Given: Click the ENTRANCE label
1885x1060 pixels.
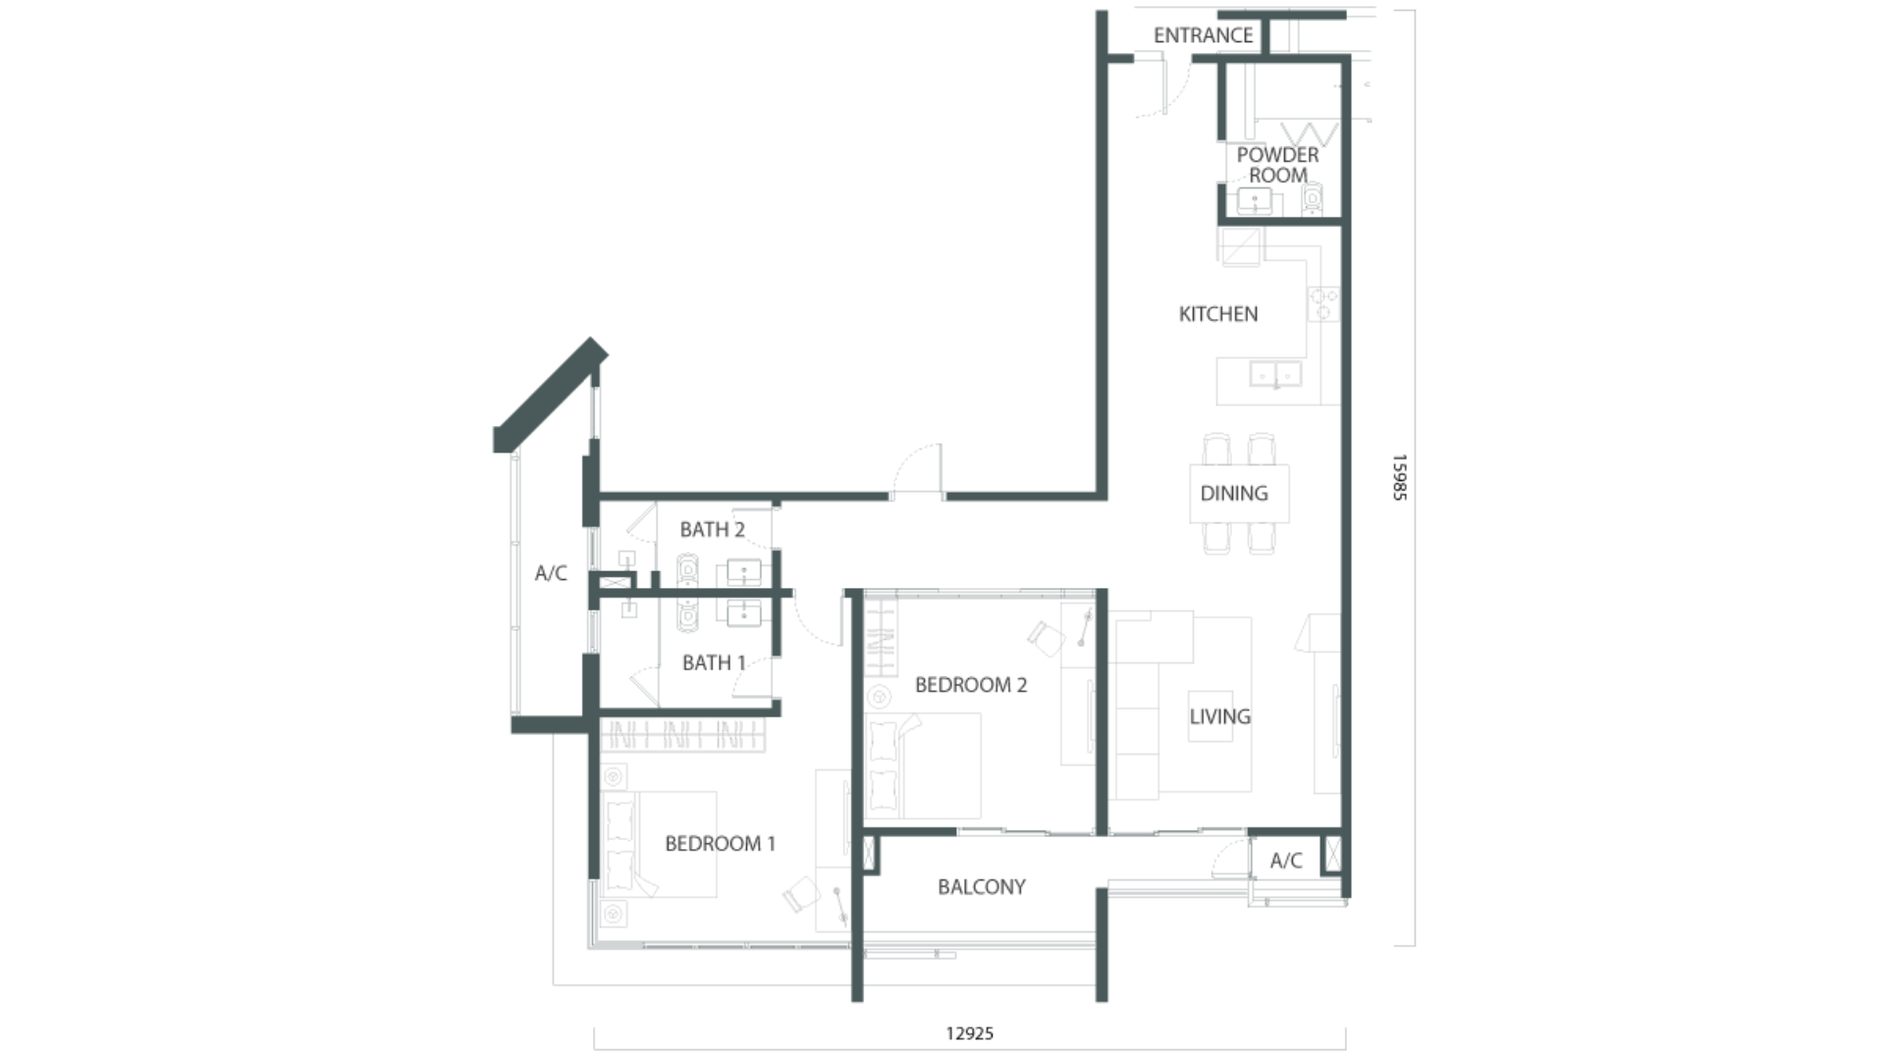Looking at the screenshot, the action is [1203, 35].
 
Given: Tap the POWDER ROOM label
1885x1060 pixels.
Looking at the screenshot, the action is [1277, 165].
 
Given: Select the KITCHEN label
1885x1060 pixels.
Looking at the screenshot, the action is [1217, 314].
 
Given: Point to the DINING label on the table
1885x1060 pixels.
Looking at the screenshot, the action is [1234, 493].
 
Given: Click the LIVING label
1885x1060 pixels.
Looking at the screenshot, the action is [1220, 716].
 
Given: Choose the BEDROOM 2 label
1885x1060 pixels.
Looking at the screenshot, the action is [971, 685].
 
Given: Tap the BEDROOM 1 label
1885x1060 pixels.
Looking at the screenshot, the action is [720, 844].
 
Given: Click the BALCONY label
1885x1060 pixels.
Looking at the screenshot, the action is [982, 887].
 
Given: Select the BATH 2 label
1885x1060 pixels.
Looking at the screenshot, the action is [712, 530].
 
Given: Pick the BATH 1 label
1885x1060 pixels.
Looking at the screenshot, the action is [714, 663].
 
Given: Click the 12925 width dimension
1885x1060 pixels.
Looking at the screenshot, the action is [970, 1033].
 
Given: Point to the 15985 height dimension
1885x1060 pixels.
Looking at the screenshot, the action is [1400, 478].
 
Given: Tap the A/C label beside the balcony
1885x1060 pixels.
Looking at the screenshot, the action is [1286, 861].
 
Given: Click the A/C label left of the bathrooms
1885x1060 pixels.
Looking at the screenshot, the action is [551, 573].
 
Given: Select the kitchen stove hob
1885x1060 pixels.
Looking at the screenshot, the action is [1323, 303].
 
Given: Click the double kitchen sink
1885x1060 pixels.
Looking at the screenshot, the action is [1275, 374].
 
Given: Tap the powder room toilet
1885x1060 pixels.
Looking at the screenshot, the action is [1313, 201].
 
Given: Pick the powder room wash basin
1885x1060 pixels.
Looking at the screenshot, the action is [1255, 202].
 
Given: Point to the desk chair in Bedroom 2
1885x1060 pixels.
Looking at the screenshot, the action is [1046, 638].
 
